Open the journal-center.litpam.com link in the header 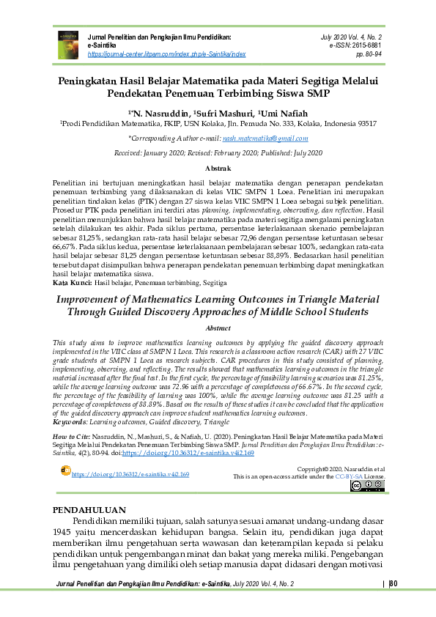[166, 54]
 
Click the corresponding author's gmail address [266, 138]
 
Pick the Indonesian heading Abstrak [218, 169]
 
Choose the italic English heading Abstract [218, 329]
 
